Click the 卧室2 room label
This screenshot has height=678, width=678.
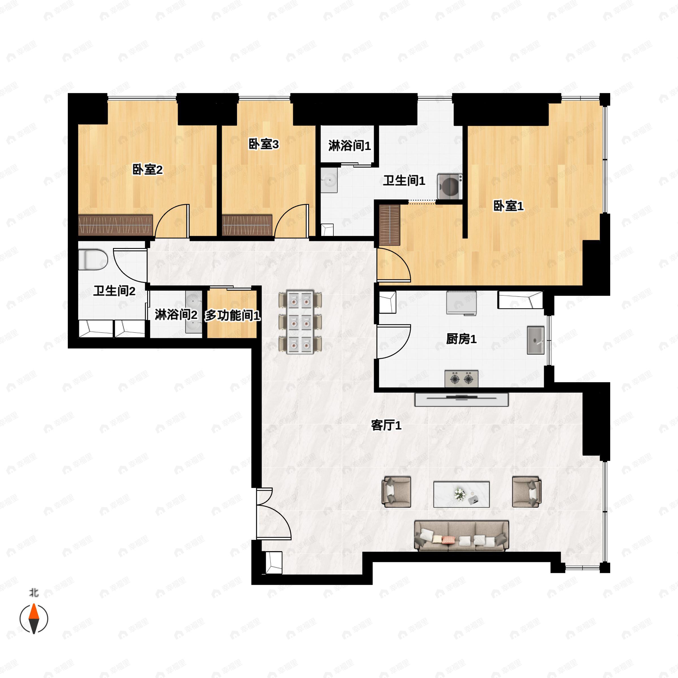(147, 170)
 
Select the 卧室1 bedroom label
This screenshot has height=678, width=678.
(508, 206)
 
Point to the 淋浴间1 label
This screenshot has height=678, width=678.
(349, 146)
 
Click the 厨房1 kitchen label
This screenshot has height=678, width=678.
(461, 339)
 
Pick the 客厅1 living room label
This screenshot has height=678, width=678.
(386, 426)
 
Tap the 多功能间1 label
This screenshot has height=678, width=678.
(232, 316)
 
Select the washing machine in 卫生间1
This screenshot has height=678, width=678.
(449, 186)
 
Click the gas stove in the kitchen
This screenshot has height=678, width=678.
(461, 379)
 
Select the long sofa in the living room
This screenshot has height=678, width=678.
(462, 536)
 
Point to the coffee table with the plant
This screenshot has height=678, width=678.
(462, 494)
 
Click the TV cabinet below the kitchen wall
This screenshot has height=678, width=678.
(462, 399)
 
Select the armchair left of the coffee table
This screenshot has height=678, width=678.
(396, 492)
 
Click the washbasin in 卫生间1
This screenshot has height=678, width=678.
(329, 180)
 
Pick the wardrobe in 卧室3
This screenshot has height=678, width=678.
(247, 225)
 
